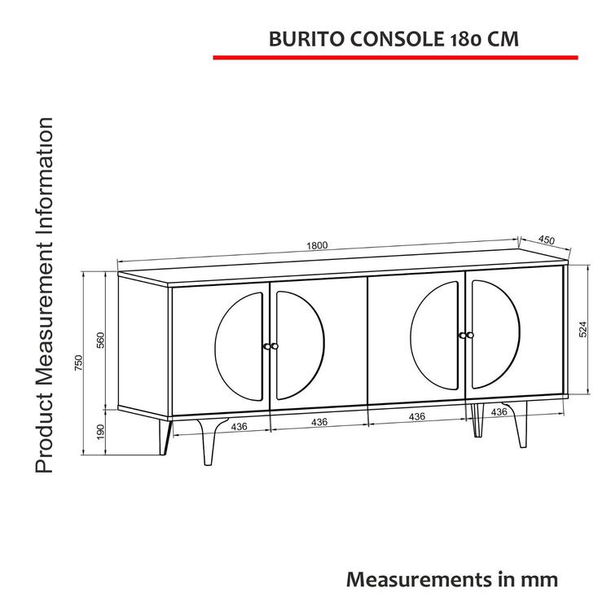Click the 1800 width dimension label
click(317, 245)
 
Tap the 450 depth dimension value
click(546, 240)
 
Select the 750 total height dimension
click(79, 363)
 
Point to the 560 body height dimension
click(101, 341)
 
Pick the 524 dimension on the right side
click(582, 329)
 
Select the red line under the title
click(395, 58)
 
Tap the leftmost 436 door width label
click(240, 425)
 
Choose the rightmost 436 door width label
click(499, 413)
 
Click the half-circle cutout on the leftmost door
click(239, 345)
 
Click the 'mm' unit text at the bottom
click(541, 579)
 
